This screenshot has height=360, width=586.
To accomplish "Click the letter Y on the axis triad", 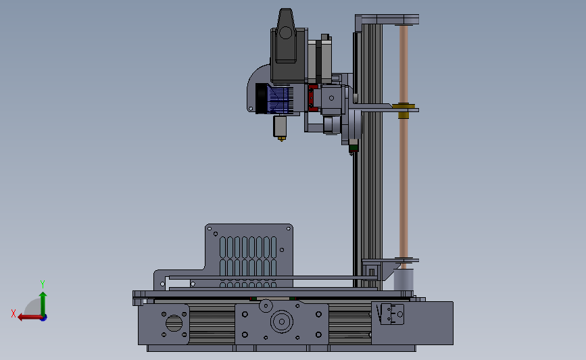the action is pos(43,284).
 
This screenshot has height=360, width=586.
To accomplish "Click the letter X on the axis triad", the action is pos(14,313).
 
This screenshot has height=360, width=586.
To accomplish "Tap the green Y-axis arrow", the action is pos(43,305).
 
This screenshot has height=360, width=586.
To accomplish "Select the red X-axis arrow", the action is pos(30,317).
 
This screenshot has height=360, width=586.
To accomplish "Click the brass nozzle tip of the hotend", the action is pos(281,139).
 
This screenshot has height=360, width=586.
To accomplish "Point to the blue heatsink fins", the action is pos(278,100).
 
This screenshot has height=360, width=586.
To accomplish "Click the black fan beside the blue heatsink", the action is pos(262,98).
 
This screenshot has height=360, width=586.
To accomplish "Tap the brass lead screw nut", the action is pos(404,111).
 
